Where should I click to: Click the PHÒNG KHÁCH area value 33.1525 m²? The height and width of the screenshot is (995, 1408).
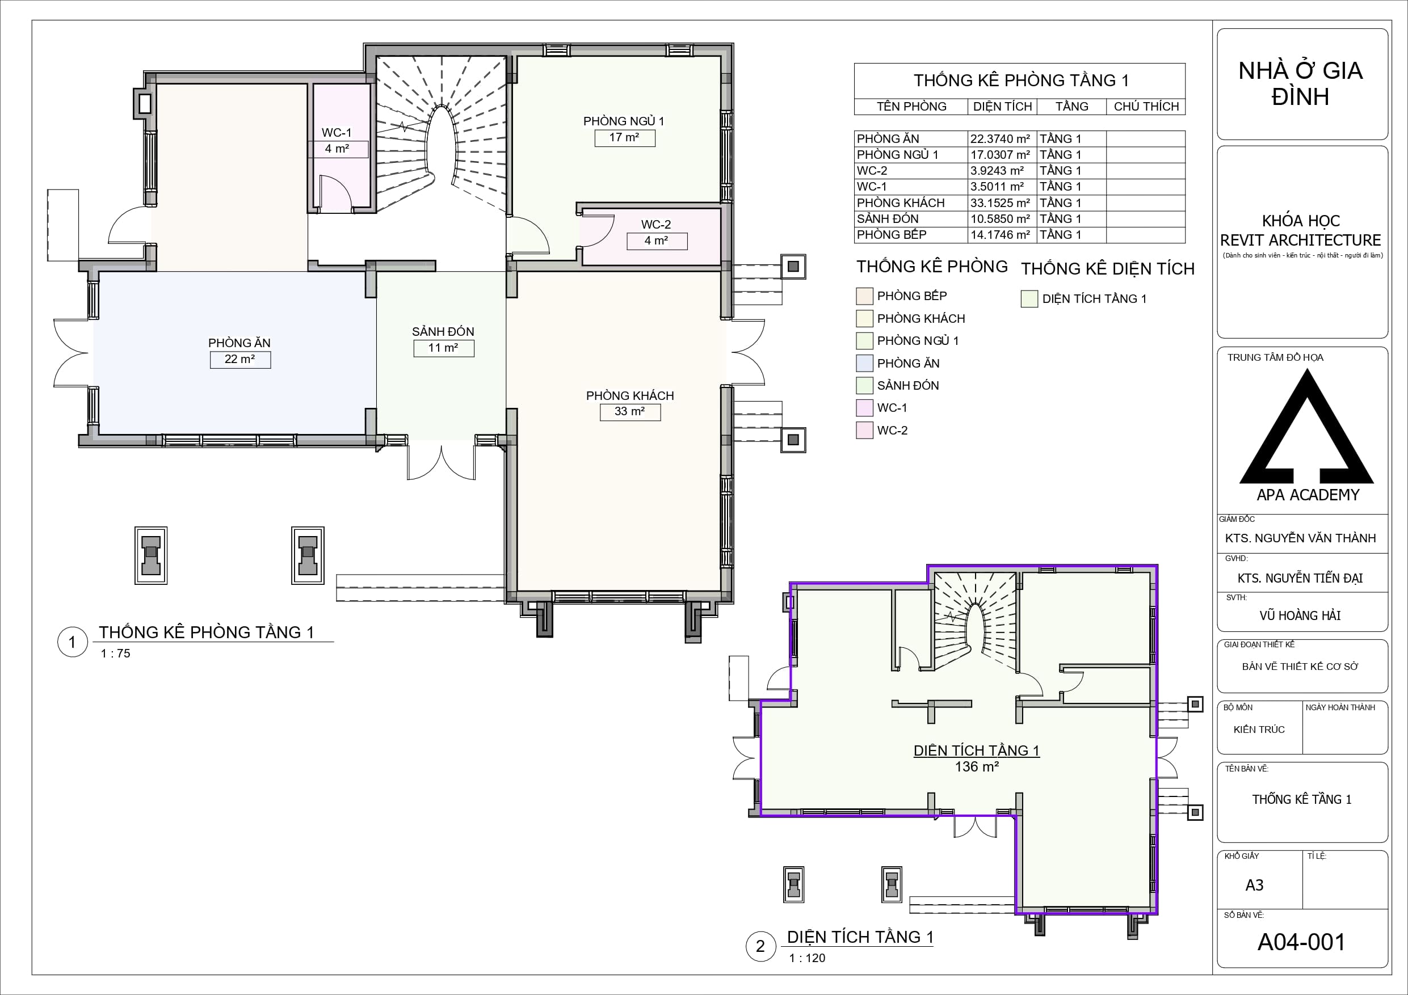pos(1000,203)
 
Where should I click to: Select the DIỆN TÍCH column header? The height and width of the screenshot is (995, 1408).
pos(1003,107)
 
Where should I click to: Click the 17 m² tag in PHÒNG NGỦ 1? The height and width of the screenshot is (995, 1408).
pos(624,138)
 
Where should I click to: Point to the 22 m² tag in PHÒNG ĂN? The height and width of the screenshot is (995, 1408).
pos(240,359)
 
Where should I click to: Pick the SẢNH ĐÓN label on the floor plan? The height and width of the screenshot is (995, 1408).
pos(443,332)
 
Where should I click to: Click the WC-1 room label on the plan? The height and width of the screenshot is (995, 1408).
pos(337,132)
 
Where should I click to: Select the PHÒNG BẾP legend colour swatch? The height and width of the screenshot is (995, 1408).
pos(864,296)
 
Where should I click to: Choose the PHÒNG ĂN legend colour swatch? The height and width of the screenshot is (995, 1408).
pos(864,364)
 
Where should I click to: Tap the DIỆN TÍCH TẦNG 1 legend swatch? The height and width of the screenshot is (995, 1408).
pos(1029,298)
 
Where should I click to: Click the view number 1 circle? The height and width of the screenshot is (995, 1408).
pos(73,642)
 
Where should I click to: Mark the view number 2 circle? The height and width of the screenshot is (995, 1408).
pos(761,946)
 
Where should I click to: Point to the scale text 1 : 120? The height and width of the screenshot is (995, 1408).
pos(807,958)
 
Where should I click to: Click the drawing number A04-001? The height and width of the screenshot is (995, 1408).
pos(1301,942)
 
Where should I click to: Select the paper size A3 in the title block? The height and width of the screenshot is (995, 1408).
pos(1254,886)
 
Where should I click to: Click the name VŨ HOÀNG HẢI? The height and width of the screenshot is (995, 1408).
pos(1300,615)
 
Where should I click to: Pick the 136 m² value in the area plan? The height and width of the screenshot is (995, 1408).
pos(977,766)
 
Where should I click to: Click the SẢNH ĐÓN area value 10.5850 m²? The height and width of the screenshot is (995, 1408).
pos(1000,219)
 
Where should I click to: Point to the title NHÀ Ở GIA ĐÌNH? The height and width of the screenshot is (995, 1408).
pos(1301,83)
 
